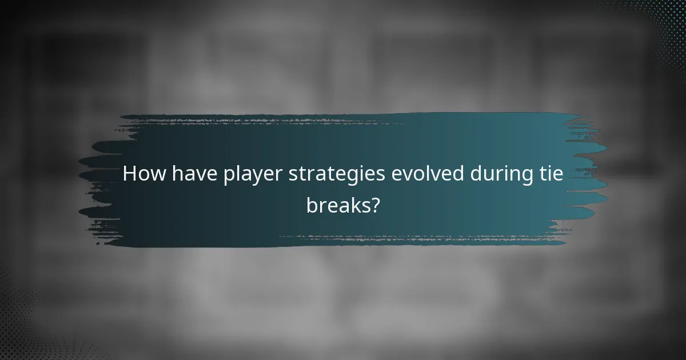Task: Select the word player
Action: [252, 175]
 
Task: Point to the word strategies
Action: [337, 175]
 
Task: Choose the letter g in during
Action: [528, 177]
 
